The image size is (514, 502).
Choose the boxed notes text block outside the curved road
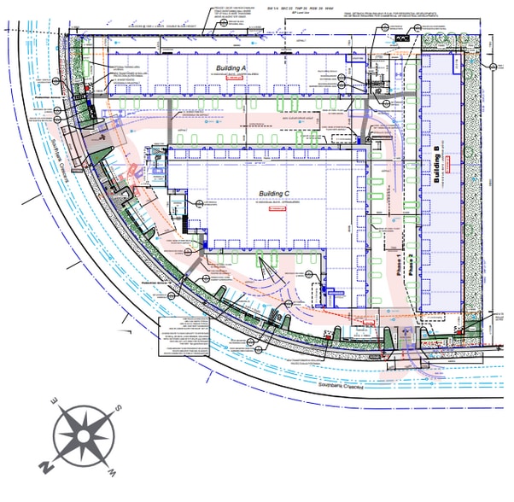[188, 333]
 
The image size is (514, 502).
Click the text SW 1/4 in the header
[275, 6]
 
